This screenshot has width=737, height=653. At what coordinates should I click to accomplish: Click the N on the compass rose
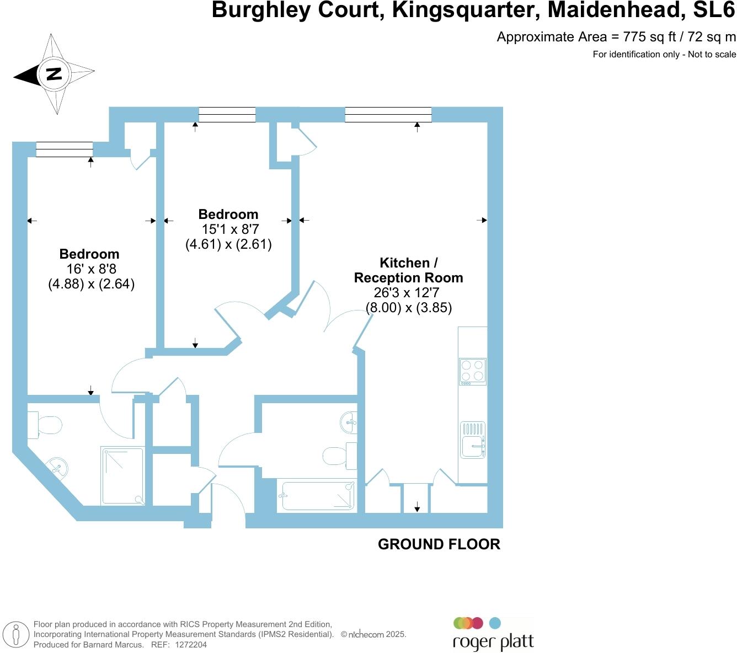(x=54, y=73)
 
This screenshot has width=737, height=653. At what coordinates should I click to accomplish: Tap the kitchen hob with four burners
(x=473, y=371)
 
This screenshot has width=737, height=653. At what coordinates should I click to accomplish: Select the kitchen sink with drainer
(x=473, y=440)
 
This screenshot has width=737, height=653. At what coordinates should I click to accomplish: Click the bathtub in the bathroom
(x=318, y=495)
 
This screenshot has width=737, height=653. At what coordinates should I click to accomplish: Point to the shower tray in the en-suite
(x=122, y=476)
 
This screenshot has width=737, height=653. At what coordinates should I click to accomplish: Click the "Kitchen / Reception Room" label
(x=408, y=270)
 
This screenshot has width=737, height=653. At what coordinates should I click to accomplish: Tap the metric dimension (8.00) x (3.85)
(x=409, y=308)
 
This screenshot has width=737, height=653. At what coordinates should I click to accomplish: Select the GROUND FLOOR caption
(x=439, y=544)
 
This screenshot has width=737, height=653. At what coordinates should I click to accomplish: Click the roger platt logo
(x=493, y=635)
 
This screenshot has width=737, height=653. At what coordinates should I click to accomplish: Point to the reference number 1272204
(x=191, y=645)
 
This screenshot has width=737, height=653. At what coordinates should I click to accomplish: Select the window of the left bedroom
(x=65, y=149)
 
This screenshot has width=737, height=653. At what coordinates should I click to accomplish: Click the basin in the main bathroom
(x=349, y=423)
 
